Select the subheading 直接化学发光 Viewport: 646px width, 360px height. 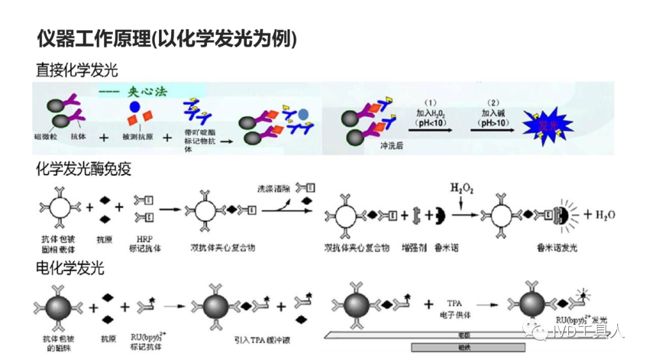click(77, 71)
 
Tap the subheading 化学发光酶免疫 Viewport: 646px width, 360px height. click(84, 169)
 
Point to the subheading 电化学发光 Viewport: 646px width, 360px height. click(70, 268)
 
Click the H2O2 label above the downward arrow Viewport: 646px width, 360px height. click(461, 190)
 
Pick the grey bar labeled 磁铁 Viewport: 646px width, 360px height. click(468, 347)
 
